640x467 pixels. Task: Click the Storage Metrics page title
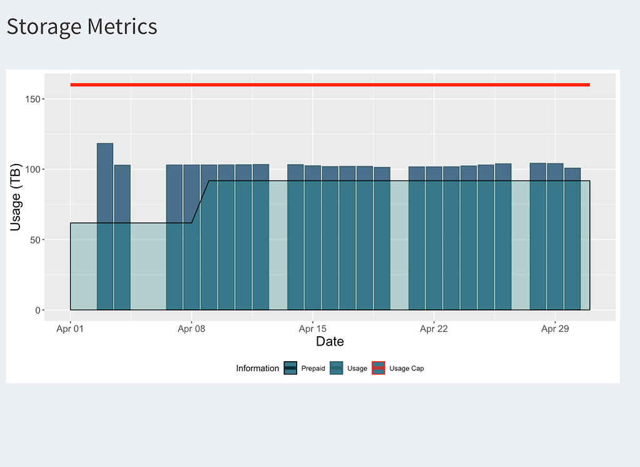pos(82,27)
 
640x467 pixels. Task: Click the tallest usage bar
pos(105,225)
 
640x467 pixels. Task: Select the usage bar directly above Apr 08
pos(191,238)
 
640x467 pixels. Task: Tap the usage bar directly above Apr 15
pos(313,238)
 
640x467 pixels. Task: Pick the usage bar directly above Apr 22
pos(434,238)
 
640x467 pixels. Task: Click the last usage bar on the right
pos(572,238)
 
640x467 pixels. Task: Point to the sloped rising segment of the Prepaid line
pos(200,202)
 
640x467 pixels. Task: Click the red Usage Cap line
pos(330,85)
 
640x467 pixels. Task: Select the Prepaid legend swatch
pos(290,368)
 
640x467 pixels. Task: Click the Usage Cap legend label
pos(406,368)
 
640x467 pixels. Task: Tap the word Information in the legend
pos(257,368)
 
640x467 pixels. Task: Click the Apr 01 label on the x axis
pos(70,329)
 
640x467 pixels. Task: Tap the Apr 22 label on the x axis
pos(434,329)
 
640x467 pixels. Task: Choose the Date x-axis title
pos(330,342)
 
